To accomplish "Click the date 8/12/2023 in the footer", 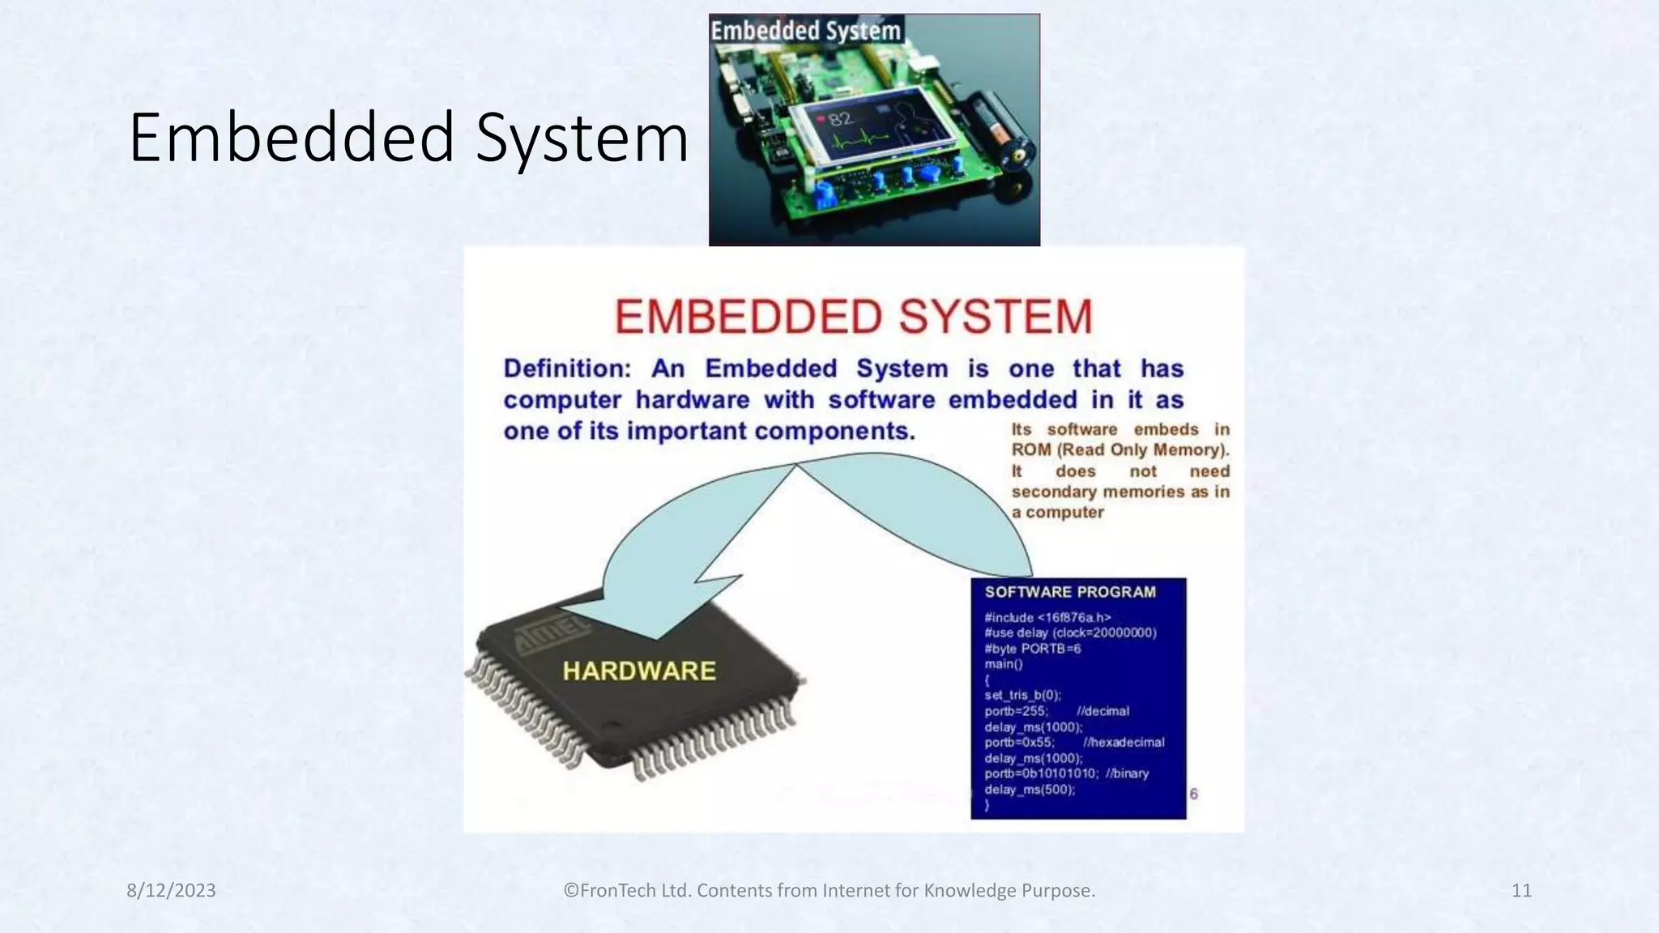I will point(171,890).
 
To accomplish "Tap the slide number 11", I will point(1521,890).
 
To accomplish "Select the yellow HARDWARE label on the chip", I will point(639,671).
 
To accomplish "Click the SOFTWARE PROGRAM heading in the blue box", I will point(1070,592).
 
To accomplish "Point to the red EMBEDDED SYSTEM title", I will point(854,317).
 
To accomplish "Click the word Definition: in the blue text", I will point(566,369).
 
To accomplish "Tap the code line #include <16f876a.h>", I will point(1047,617).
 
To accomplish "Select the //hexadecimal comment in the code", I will point(1124,742).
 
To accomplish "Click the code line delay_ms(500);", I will point(1030,790).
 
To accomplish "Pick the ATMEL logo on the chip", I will point(550,636).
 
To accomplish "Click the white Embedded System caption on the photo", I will point(805,31).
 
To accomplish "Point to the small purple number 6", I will point(1193,794).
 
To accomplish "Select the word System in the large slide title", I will point(582,138).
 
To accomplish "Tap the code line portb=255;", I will point(1016,711).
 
